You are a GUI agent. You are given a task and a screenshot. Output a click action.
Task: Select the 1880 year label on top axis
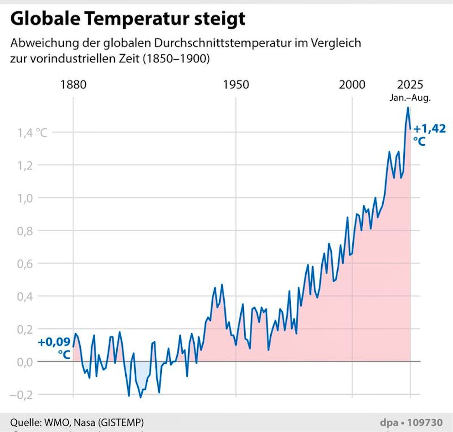[x=73, y=85]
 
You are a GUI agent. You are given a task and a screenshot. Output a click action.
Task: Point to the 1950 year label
[x=236, y=85]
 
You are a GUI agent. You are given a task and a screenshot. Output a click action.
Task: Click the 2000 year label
[x=352, y=85]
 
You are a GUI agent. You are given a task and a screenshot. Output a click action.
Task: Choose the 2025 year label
[x=410, y=85]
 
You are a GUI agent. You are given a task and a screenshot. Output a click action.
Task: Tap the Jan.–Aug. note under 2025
[x=410, y=97]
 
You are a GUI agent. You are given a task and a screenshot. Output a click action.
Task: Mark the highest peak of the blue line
[x=408, y=107]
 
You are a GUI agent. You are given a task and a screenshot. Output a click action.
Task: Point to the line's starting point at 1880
[x=73, y=347]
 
